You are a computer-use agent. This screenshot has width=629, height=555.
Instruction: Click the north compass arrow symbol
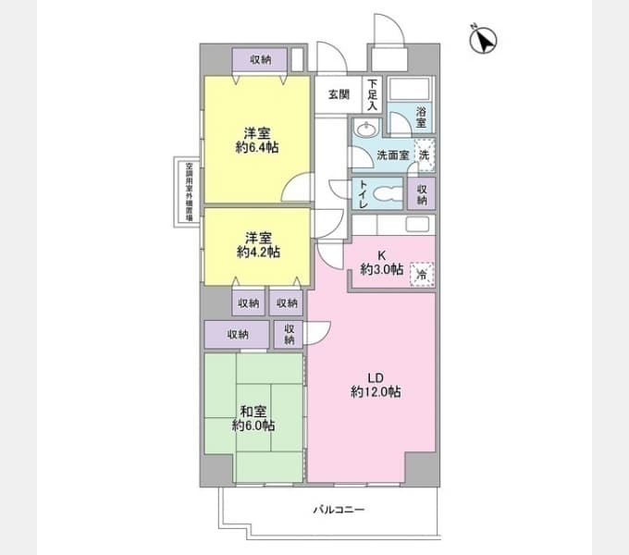click(484, 41)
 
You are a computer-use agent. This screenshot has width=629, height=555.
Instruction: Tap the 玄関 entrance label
click(339, 94)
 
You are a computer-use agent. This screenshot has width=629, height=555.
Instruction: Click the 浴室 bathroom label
click(421, 116)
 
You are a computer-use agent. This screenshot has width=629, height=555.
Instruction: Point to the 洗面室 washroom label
click(392, 155)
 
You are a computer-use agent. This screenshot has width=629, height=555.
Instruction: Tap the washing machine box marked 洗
click(424, 154)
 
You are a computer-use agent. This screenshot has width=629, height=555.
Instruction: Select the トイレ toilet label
click(364, 194)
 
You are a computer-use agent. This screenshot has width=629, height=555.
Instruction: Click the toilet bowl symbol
click(390, 194)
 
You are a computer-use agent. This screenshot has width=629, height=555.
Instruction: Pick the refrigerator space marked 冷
click(421, 274)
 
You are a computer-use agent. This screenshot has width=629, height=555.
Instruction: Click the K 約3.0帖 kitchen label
click(380, 262)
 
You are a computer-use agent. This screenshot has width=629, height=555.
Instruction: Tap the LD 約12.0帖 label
click(376, 385)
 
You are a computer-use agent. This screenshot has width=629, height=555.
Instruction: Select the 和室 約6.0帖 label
click(253, 418)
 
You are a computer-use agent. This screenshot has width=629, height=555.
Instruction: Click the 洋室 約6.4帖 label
click(258, 138)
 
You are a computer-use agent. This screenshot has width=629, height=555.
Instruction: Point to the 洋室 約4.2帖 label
click(258, 244)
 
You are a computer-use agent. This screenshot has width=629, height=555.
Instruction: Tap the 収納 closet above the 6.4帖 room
click(260, 60)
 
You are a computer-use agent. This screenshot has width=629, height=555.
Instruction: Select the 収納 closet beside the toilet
click(422, 194)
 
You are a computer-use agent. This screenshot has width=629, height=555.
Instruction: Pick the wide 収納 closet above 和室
click(237, 334)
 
